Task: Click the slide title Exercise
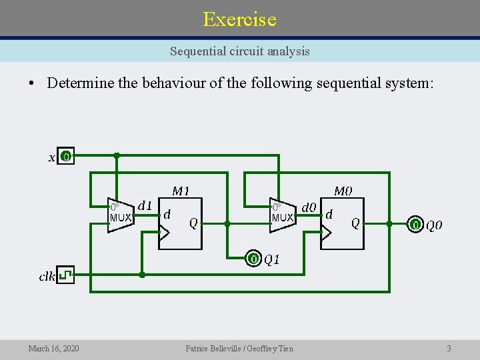click(x=239, y=19)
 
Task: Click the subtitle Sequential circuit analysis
click(x=239, y=51)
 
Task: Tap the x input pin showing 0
click(x=65, y=157)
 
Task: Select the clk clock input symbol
click(x=65, y=275)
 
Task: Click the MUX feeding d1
click(x=120, y=215)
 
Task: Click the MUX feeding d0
click(x=281, y=215)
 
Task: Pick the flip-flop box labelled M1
click(x=180, y=223)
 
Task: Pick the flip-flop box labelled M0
click(x=342, y=223)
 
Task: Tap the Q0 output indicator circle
click(x=415, y=225)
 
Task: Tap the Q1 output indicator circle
click(x=253, y=259)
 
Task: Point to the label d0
click(x=309, y=207)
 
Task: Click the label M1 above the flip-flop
click(x=181, y=191)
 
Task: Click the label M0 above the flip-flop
click(x=343, y=191)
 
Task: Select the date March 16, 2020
click(x=53, y=348)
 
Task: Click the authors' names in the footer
click(x=239, y=348)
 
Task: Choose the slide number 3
click(x=449, y=348)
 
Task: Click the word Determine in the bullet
click(x=80, y=83)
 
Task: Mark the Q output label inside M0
click(x=355, y=223)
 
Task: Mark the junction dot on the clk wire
click(x=141, y=275)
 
